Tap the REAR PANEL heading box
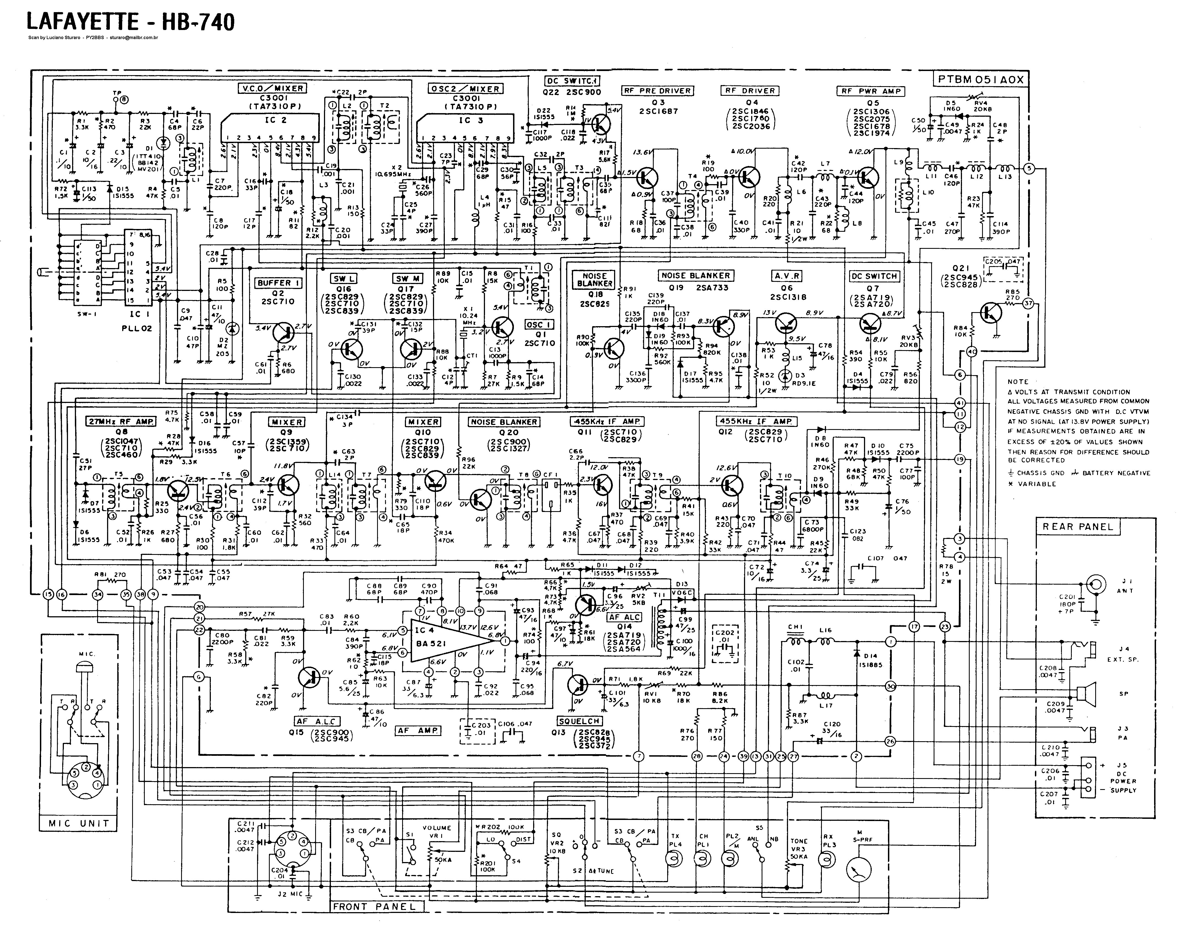click(x=1078, y=527)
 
